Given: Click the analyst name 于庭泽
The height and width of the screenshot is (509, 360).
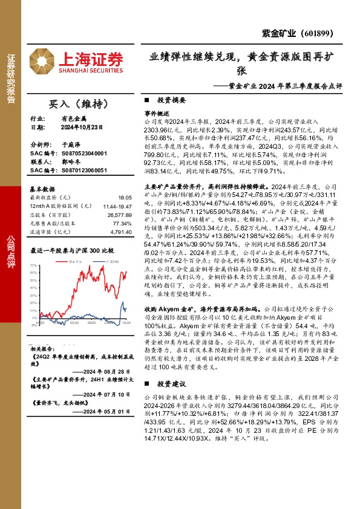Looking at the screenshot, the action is pyautogui.click(x=70, y=146).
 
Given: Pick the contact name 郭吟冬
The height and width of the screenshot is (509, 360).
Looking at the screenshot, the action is pyautogui.click(x=70, y=163).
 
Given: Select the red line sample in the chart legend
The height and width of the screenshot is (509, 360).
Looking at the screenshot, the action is pyautogui.click(x=57, y=261).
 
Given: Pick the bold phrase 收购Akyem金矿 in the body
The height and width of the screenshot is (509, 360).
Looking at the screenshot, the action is pyautogui.click(x=166, y=308).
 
